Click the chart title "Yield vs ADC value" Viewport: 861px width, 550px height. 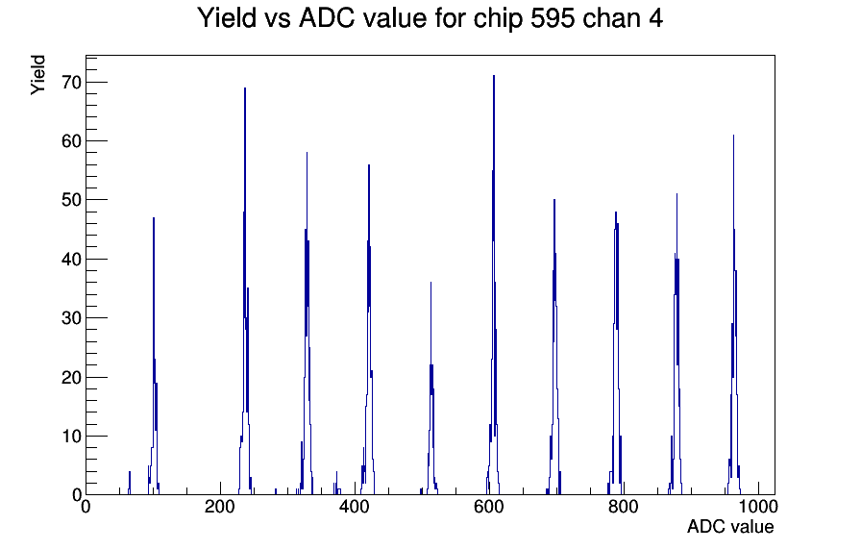(312, 18)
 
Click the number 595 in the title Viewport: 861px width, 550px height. (552, 18)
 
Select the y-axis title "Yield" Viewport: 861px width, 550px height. (37, 75)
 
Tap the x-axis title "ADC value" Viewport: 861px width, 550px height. (730, 526)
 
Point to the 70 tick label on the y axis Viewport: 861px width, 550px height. (71, 83)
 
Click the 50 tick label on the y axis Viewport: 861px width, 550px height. (71, 200)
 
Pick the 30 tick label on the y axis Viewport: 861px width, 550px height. (71, 318)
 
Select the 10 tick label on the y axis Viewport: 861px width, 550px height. (71, 437)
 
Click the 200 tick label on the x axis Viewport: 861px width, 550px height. (220, 507)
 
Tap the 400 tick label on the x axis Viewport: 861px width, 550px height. (355, 507)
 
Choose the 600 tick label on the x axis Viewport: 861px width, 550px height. (489, 507)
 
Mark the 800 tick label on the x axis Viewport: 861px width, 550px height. (624, 507)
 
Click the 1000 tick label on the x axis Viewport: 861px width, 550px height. (758, 507)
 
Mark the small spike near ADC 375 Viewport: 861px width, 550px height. (336, 484)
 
